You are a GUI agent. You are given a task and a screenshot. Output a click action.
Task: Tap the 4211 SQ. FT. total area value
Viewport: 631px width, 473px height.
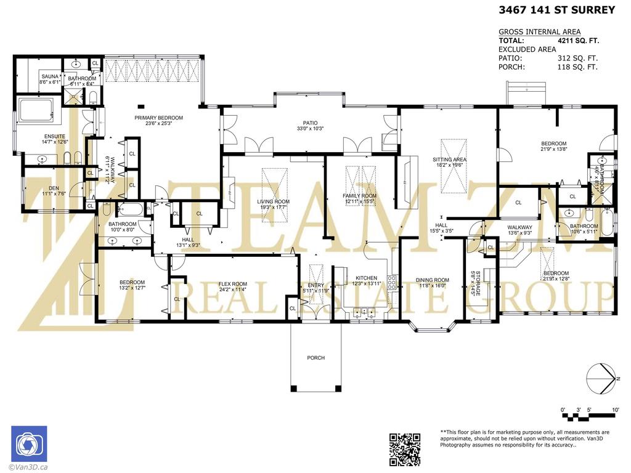click(x=577, y=41)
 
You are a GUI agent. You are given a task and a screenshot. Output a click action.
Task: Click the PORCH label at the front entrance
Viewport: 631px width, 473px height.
click(x=315, y=358)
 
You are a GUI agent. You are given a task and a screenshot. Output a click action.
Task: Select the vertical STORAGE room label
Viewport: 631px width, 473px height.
click(x=473, y=283)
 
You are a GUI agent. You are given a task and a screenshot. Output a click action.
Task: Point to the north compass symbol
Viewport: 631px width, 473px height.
click(x=601, y=377)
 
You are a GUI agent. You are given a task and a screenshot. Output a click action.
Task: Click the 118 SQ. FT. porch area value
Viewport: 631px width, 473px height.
click(x=577, y=67)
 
